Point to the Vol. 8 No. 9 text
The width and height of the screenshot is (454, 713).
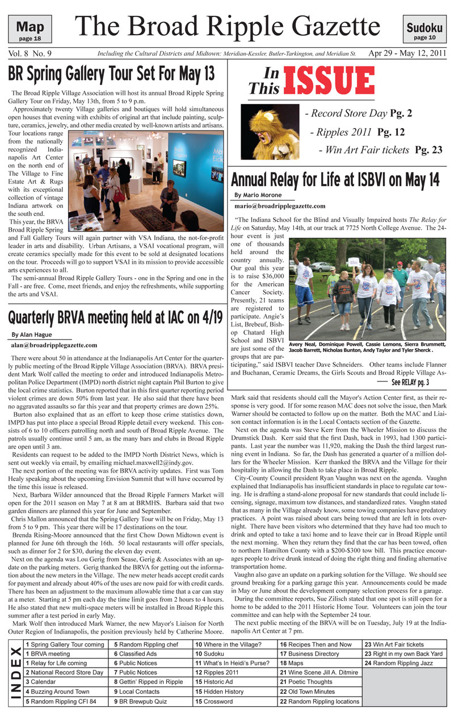click(30, 54)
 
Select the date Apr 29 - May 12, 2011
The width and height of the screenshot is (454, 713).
click(407, 54)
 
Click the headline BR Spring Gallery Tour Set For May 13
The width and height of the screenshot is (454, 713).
click(112, 74)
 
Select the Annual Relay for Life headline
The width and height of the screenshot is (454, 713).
click(335, 179)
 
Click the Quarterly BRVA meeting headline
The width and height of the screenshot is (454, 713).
click(115, 317)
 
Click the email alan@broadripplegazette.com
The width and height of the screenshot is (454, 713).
click(54, 345)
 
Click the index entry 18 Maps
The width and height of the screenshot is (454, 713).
click(292, 662)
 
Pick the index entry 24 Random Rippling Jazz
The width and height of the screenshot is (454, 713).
click(400, 662)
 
